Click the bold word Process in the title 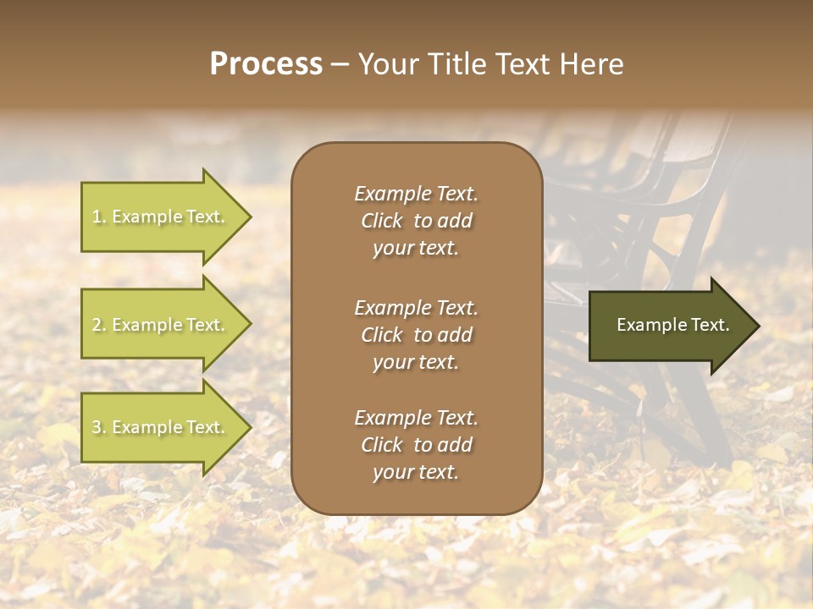(x=266, y=64)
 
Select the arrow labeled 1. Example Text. (x=161, y=217)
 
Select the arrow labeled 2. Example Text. (x=161, y=325)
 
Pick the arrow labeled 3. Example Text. (x=161, y=428)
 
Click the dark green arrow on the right (x=669, y=326)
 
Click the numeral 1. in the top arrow (x=99, y=217)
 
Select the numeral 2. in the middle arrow (x=99, y=326)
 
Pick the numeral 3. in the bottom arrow (x=99, y=428)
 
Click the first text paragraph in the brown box (x=416, y=221)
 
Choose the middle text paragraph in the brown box (x=416, y=334)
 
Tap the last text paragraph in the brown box (x=416, y=445)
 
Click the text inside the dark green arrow (x=672, y=325)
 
